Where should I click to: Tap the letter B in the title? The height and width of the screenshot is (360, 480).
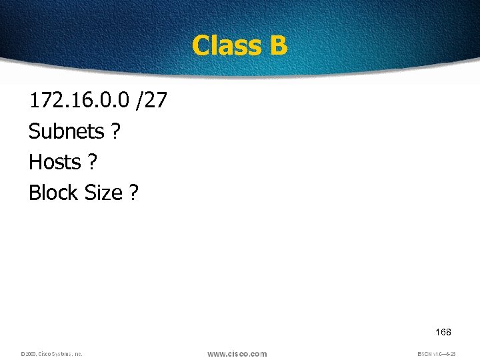pyautogui.click(x=279, y=45)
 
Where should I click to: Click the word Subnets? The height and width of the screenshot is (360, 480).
pyautogui.click(x=66, y=131)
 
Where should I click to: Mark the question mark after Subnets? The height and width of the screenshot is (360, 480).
pyautogui.click(x=116, y=131)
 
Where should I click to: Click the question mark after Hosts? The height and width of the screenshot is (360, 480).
pyautogui.click(x=93, y=162)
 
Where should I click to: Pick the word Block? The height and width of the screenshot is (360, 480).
pyautogui.click(x=54, y=193)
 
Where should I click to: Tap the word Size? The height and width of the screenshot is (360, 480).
pyautogui.click(x=104, y=193)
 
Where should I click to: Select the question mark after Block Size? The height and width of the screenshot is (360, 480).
pyautogui.click(x=134, y=193)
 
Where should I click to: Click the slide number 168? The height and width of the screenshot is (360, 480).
pyautogui.click(x=443, y=332)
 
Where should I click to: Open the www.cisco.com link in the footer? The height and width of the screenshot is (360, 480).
pyautogui.click(x=237, y=354)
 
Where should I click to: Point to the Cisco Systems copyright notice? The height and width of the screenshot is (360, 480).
pyautogui.click(x=51, y=354)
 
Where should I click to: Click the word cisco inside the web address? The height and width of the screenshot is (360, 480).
pyautogui.click(x=237, y=354)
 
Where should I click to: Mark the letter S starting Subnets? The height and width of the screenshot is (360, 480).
pyautogui.click(x=34, y=131)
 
